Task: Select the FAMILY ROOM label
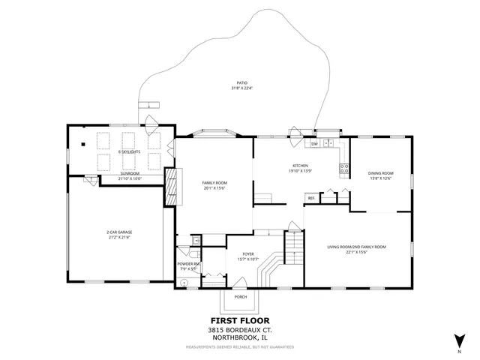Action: [x=214, y=183]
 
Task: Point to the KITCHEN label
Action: [x=301, y=166]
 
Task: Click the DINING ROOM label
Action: [x=380, y=173]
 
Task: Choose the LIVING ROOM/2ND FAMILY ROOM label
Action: [x=356, y=247]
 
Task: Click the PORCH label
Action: [x=241, y=296]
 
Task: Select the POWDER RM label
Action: [x=188, y=264]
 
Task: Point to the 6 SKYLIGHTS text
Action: [x=130, y=152]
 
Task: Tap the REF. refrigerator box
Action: [x=310, y=198]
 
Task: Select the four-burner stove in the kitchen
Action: [x=345, y=169]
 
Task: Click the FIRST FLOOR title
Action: [x=240, y=319]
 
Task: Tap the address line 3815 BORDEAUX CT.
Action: [x=240, y=329]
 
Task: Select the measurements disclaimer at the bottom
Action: [x=240, y=347]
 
